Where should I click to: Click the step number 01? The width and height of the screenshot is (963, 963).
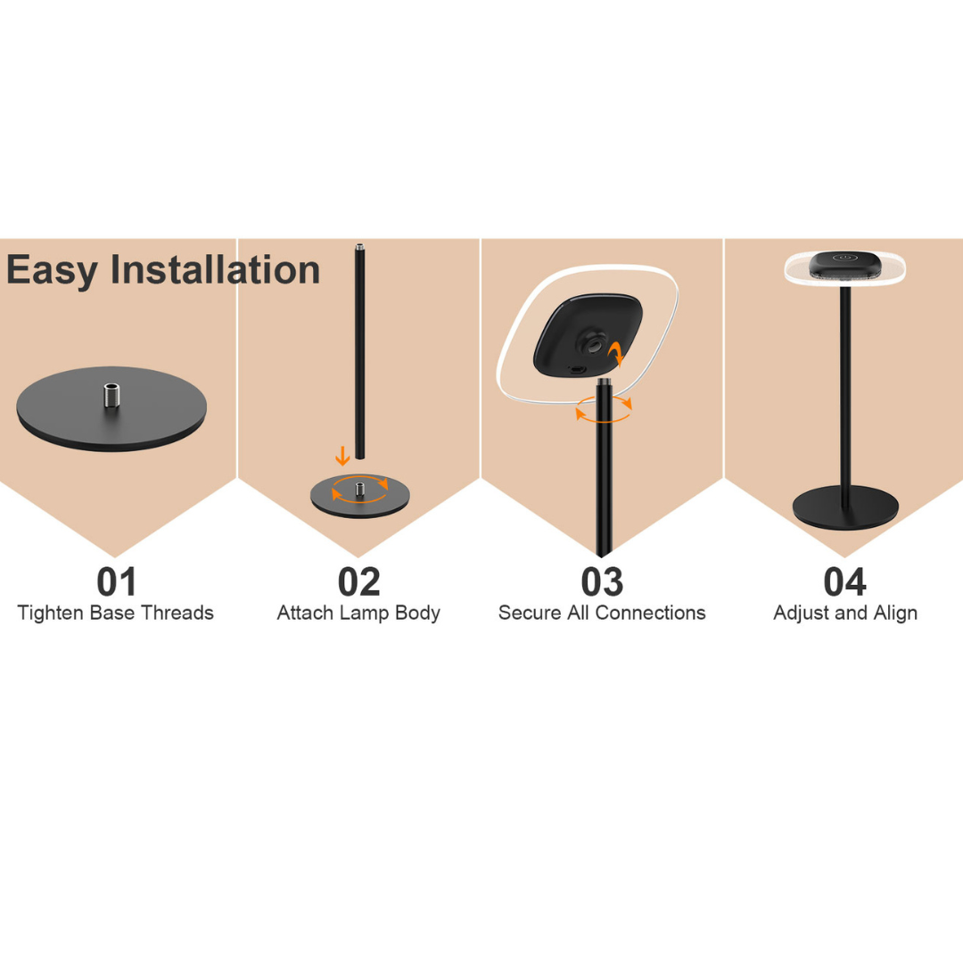pos(116,581)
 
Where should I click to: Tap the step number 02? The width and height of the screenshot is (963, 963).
pos(359,581)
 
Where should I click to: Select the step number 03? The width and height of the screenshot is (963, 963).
pos(602,581)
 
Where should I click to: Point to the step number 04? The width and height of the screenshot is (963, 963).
pos(845,581)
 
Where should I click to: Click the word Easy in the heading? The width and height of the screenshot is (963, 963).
pos(53,271)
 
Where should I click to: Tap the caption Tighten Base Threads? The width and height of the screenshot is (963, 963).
pos(115,613)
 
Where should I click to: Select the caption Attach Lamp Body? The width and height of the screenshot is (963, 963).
pos(358,613)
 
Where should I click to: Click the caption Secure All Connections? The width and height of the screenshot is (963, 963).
pos(602,613)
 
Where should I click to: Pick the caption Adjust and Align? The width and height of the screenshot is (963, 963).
pos(845,613)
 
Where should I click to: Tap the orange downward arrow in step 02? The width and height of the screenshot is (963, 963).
pos(342,456)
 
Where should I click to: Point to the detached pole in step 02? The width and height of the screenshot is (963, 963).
pos(360,351)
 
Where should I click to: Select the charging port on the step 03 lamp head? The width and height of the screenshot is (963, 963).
pos(577,370)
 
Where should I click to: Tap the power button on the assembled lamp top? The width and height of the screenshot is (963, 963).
pos(845,259)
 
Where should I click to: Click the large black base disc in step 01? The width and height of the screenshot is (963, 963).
pos(111,409)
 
